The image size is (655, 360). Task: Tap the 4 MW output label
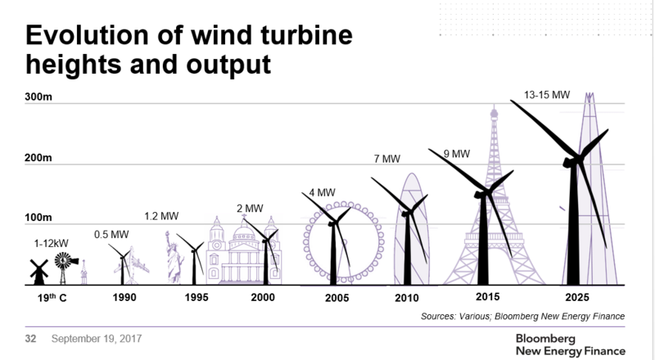pos(320,193)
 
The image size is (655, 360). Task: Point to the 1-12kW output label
pos(50,243)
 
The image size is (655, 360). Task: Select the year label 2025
pos(579,298)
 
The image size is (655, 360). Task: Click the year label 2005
pos(334,298)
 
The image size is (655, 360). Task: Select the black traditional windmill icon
pos(36,270)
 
